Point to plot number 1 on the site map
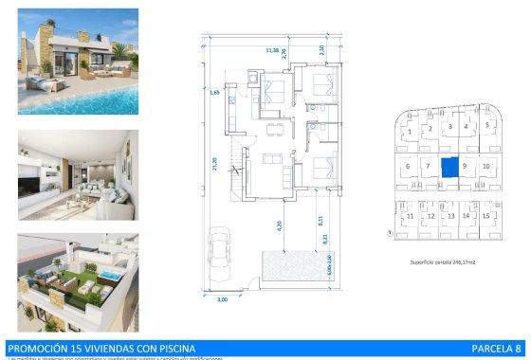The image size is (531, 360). (410, 126)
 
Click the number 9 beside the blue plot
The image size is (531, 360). (465, 167)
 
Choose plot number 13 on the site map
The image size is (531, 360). (450, 217)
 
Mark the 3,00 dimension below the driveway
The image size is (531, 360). (222, 300)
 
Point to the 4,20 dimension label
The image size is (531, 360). (279, 225)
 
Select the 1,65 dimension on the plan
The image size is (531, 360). (215, 93)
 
